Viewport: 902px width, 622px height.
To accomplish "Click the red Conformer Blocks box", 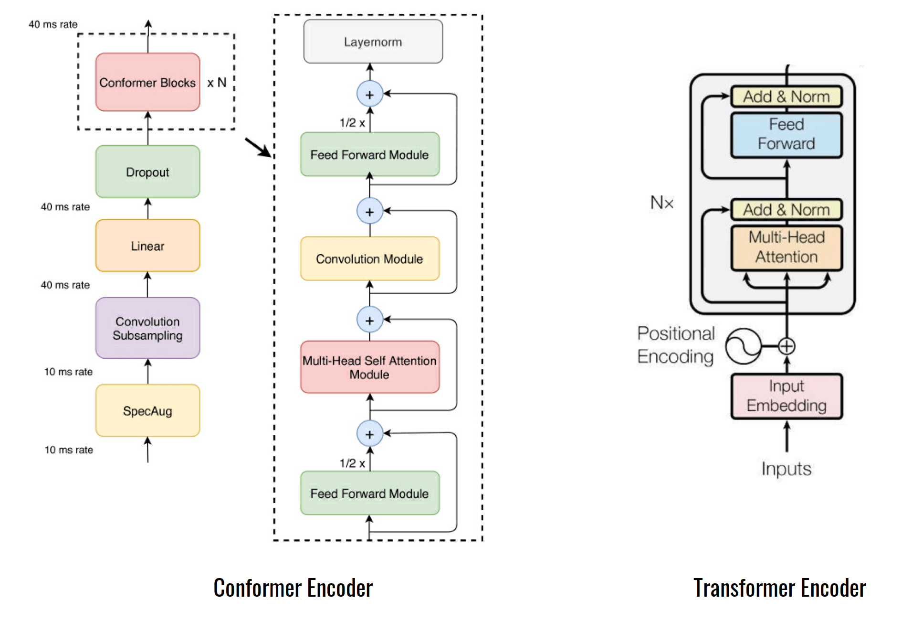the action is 147,82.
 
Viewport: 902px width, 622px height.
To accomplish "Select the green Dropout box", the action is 147,172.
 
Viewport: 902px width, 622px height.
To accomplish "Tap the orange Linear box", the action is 147,246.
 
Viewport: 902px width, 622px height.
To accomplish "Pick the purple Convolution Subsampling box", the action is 147,328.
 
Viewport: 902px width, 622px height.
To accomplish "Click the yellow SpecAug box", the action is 147,410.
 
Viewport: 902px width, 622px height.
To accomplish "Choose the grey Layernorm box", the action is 373,42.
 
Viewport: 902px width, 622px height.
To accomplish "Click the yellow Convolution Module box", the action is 370,258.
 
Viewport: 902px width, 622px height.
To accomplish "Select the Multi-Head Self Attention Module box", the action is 370,367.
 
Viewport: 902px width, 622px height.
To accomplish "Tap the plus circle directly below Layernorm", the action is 370,94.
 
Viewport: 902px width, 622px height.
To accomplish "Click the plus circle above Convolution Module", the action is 370,211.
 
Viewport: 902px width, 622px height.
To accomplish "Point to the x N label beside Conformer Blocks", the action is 217,83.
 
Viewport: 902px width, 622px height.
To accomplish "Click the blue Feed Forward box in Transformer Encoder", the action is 787,135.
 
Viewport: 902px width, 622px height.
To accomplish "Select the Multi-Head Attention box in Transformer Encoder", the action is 787,247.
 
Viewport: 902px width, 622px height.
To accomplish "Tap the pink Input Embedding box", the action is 787,396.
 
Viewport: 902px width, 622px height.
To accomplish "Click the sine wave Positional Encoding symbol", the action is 743,346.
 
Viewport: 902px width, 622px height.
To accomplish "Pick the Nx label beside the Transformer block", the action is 662,203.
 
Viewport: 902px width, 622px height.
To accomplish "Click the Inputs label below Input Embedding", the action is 787,469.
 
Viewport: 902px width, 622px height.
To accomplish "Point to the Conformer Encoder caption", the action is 293,588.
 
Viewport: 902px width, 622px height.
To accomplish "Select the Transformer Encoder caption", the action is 780,588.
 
